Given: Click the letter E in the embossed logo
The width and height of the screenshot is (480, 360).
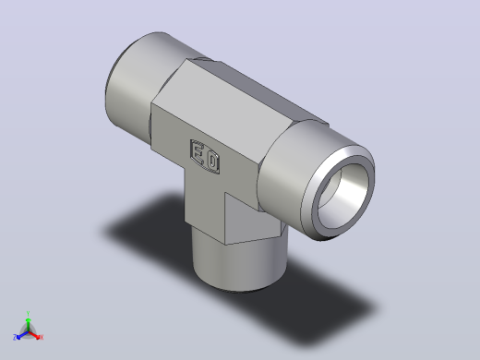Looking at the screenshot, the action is point(198,152).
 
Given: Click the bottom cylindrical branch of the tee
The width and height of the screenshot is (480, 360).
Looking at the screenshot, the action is point(240,265).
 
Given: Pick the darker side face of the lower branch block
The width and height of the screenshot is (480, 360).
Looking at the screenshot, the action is point(251,220).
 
